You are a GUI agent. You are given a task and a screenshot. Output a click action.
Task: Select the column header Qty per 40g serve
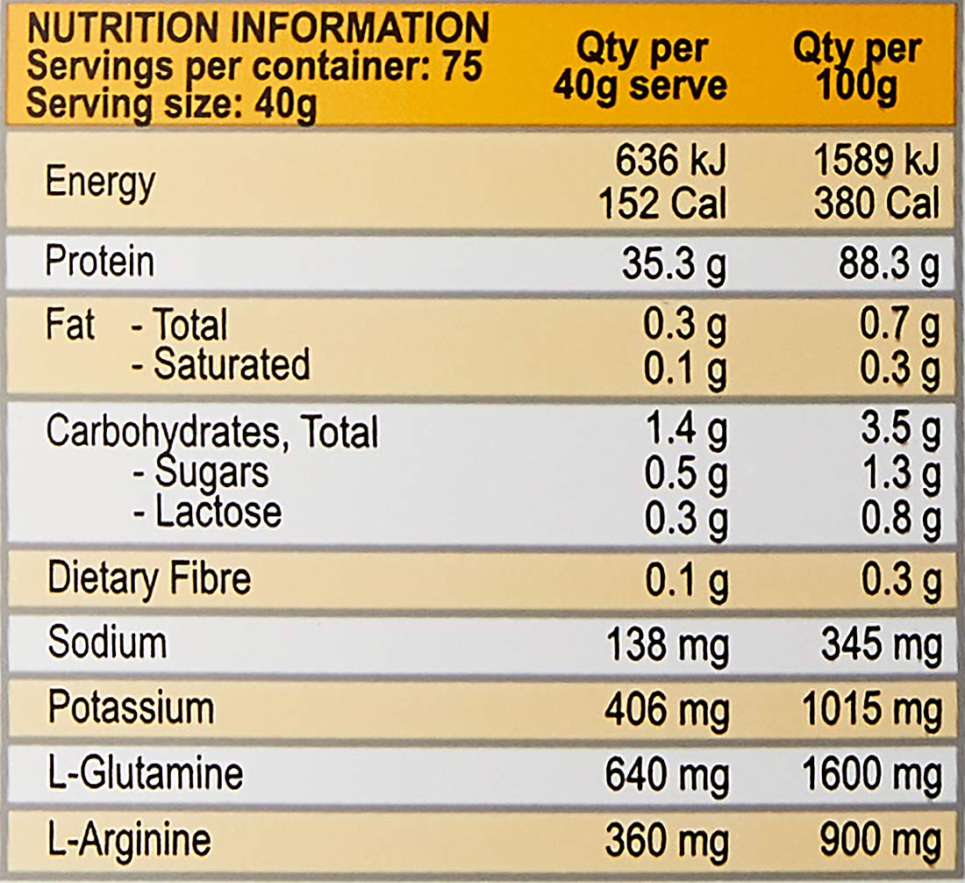tap(640, 68)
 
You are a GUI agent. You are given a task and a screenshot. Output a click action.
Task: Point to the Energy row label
tap(100, 183)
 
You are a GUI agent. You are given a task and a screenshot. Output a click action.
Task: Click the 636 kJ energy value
tap(670, 162)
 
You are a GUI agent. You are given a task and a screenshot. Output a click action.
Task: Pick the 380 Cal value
tap(876, 205)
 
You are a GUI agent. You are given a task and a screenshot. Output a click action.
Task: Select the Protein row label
tap(99, 262)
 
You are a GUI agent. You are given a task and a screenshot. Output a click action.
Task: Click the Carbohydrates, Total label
tap(211, 432)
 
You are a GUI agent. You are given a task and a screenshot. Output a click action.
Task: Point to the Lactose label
tap(218, 513)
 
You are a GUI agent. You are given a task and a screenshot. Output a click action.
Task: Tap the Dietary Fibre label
tap(148, 579)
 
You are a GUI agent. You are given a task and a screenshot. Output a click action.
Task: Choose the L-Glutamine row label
tap(145, 773)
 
